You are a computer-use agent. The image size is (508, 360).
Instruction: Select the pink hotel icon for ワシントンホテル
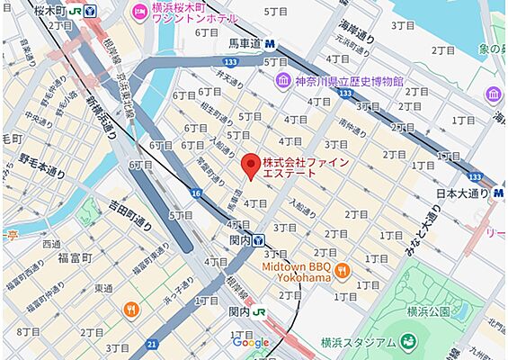[x=139, y=11]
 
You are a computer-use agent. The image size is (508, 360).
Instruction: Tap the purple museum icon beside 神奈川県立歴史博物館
[x=282, y=81]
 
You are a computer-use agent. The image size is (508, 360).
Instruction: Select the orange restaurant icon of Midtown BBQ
[x=341, y=271]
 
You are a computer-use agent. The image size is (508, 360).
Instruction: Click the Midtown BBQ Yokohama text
[x=297, y=272]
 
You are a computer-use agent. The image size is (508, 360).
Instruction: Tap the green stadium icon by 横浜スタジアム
[x=409, y=341]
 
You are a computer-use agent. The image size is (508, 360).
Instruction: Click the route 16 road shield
[x=194, y=193]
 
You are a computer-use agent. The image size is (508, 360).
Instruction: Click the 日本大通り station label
[x=463, y=193]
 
